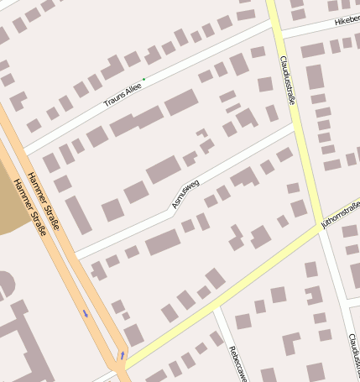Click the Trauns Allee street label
click(123, 97)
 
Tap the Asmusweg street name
click(185, 193)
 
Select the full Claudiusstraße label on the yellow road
click(288, 81)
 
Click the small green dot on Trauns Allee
click(143, 80)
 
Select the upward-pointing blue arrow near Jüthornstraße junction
click(123, 355)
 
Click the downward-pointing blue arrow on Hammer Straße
click(85, 314)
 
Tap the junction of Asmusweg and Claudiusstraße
click(295, 126)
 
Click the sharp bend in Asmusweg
click(174, 211)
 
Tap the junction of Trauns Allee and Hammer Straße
click(23, 151)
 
